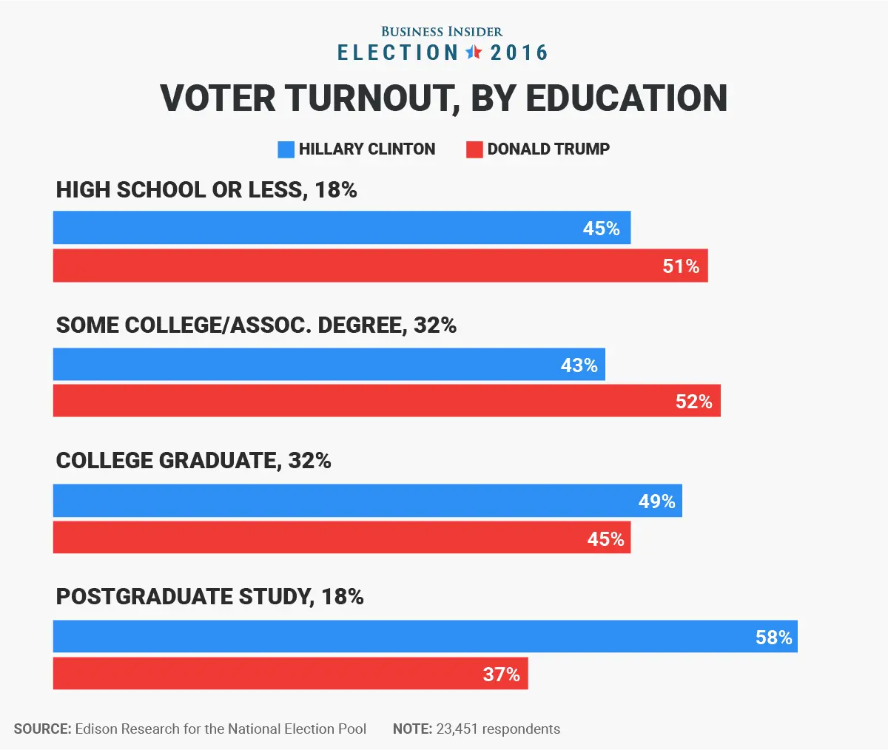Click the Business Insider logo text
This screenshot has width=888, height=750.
coord(442,32)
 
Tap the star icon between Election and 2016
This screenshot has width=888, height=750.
coord(474,53)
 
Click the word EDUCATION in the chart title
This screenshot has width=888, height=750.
coord(627,98)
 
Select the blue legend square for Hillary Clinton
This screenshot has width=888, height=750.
coord(286,149)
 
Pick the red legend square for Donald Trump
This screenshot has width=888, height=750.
coord(474,149)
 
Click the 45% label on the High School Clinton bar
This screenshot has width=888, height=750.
coord(601,229)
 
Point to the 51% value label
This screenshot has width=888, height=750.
coord(681,266)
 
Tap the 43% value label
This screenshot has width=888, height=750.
coord(579,365)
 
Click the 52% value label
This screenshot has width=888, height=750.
coord(693,402)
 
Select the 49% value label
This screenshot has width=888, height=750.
coord(656,501)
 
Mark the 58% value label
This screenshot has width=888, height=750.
coord(773,638)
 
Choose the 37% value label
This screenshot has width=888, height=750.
coord(501,675)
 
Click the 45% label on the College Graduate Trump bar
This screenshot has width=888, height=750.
coord(605,539)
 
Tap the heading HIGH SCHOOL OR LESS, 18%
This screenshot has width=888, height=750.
coord(206,190)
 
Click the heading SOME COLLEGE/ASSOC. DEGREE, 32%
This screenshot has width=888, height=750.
coord(256,325)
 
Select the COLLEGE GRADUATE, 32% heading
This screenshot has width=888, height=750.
coord(193,461)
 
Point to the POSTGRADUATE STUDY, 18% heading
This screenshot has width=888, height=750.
coord(209,597)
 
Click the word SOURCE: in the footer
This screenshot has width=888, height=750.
coord(42,729)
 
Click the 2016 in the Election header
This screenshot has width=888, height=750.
coord(519,53)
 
